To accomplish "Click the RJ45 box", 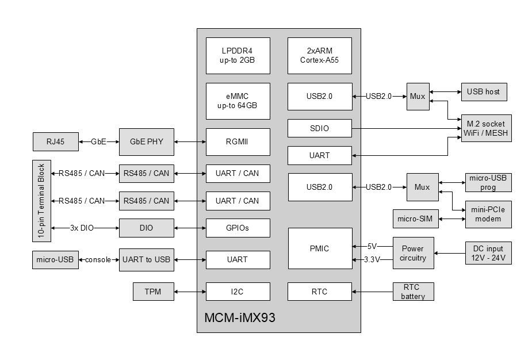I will tap(55, 141).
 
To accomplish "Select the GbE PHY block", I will tap(146, 141).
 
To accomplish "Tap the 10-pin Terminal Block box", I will tap(41, 201).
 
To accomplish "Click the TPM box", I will tap(153, 292).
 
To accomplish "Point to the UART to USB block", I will tap(146, 260).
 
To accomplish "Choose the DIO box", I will tap(146, 228).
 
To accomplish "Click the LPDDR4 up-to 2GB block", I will tap(238, 56).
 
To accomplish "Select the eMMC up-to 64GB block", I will tap(238, 101).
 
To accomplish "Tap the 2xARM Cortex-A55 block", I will tap(319, 56).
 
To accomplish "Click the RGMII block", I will tap(238, 141).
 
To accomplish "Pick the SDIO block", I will tap(319, 128).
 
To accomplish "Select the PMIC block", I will tap(319, 248).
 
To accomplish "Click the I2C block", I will tap(238, 292).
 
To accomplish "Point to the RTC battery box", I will tap(413, 292).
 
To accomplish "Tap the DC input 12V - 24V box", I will tap(488, 253).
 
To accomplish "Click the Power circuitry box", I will tap(413, 253).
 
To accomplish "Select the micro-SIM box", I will tap(414, 219).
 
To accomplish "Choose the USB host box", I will tap(484, 92).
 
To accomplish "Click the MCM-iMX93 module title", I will tap(240, 317).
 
